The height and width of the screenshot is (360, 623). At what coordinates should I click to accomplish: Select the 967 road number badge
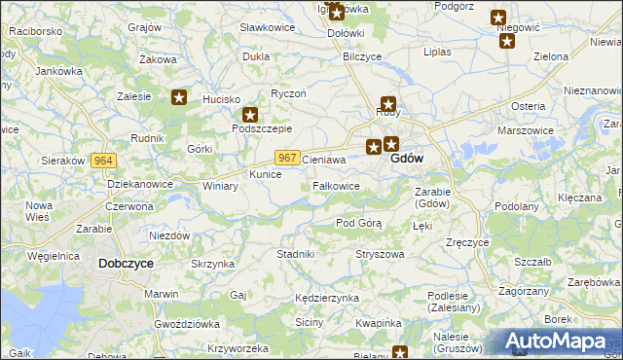pyautogui.click(x=286, y=158)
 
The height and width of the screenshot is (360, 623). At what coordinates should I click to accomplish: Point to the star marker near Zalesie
pyautogui.click(x=179, y=96)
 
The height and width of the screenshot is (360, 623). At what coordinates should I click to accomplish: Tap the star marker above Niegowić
pyautogui.click(x=498, y=17)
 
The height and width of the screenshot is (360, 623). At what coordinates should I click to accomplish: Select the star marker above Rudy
pyautogui.click(x=388, y=103)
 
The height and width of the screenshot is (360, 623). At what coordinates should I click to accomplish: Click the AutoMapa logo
pyautogui.click(x=560, y=342)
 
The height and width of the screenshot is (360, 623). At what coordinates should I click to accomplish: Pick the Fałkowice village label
pyautogui.click(x=337, y=186)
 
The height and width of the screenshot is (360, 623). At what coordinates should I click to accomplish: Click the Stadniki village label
pyautogui.click(x=295, y=254)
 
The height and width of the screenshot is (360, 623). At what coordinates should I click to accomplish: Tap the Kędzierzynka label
pyautogui.click(x=328, y=298)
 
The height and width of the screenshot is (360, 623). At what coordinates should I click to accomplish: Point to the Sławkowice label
pyautogui.click(x=268, y=27)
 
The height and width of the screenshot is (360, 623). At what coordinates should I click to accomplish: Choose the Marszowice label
pyautogui.click(x=525, y=129)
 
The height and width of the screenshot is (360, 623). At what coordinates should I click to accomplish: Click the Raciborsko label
pyautogui.click(x=35, y=31)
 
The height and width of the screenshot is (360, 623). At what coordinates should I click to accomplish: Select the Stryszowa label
pyautogui.click(x=380, y=254)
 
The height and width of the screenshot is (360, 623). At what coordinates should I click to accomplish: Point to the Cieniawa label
pyautogui.click(x=324, y=158)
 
